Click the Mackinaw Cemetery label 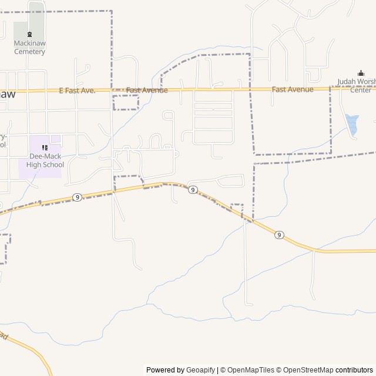point(30,51)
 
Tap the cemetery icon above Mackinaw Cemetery point(30,34)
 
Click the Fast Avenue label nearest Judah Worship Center point(293,89)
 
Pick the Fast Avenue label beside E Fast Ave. point(147,90)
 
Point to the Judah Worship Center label point(356,86)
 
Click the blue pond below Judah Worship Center point(352,123)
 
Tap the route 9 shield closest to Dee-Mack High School point(77,197)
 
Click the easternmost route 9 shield point(279,235)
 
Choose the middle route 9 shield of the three point(193,190)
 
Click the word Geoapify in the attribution point(200,370)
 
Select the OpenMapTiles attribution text point(251,370)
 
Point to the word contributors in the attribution point(354,370)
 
